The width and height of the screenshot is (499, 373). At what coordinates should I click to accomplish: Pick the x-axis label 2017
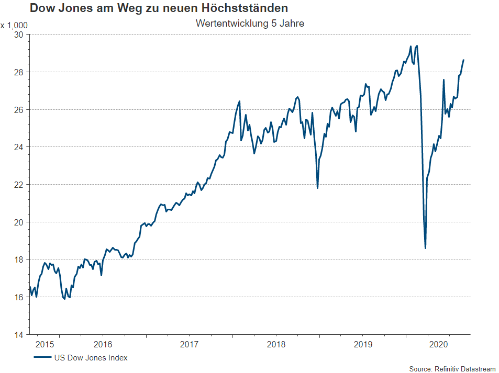click(189, 344)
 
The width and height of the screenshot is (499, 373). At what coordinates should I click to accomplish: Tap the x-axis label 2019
click(362, 344)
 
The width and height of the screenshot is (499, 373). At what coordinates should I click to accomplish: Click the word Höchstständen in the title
click(244, 8)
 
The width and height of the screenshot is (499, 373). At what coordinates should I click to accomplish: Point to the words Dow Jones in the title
click(57, 8)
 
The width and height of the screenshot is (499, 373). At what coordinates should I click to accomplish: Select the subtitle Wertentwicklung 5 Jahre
click(250, 24)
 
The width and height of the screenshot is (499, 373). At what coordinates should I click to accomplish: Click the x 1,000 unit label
click(14, 25)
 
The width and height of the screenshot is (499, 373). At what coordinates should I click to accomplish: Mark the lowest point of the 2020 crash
click(425, 248)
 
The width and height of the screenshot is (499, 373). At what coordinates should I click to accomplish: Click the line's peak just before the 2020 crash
click(417, 46)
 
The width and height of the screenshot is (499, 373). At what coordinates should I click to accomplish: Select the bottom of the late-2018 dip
click(317, 188)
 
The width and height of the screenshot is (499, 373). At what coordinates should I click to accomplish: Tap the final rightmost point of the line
click(463, 60)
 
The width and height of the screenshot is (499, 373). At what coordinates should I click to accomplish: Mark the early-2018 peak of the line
click(239, 101)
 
